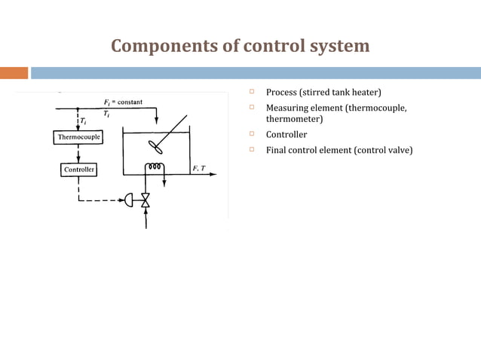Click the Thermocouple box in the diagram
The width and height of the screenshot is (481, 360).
tap(78, 137)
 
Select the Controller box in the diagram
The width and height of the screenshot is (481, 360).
tap(78, 170)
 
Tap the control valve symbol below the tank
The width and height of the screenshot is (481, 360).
tap(146, 201)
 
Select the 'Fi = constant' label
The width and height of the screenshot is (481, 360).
tap(123, 102)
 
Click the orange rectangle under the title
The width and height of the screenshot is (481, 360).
tap(14, 73)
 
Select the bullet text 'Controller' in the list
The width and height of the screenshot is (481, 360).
tap(286, 135)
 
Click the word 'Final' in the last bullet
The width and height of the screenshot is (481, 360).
tap(277, 150)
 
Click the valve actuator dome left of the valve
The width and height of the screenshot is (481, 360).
tap(130, 201)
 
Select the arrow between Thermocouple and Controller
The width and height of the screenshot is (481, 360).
tap(78, 154)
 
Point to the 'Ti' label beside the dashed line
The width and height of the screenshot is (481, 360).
tap(84, 121)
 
